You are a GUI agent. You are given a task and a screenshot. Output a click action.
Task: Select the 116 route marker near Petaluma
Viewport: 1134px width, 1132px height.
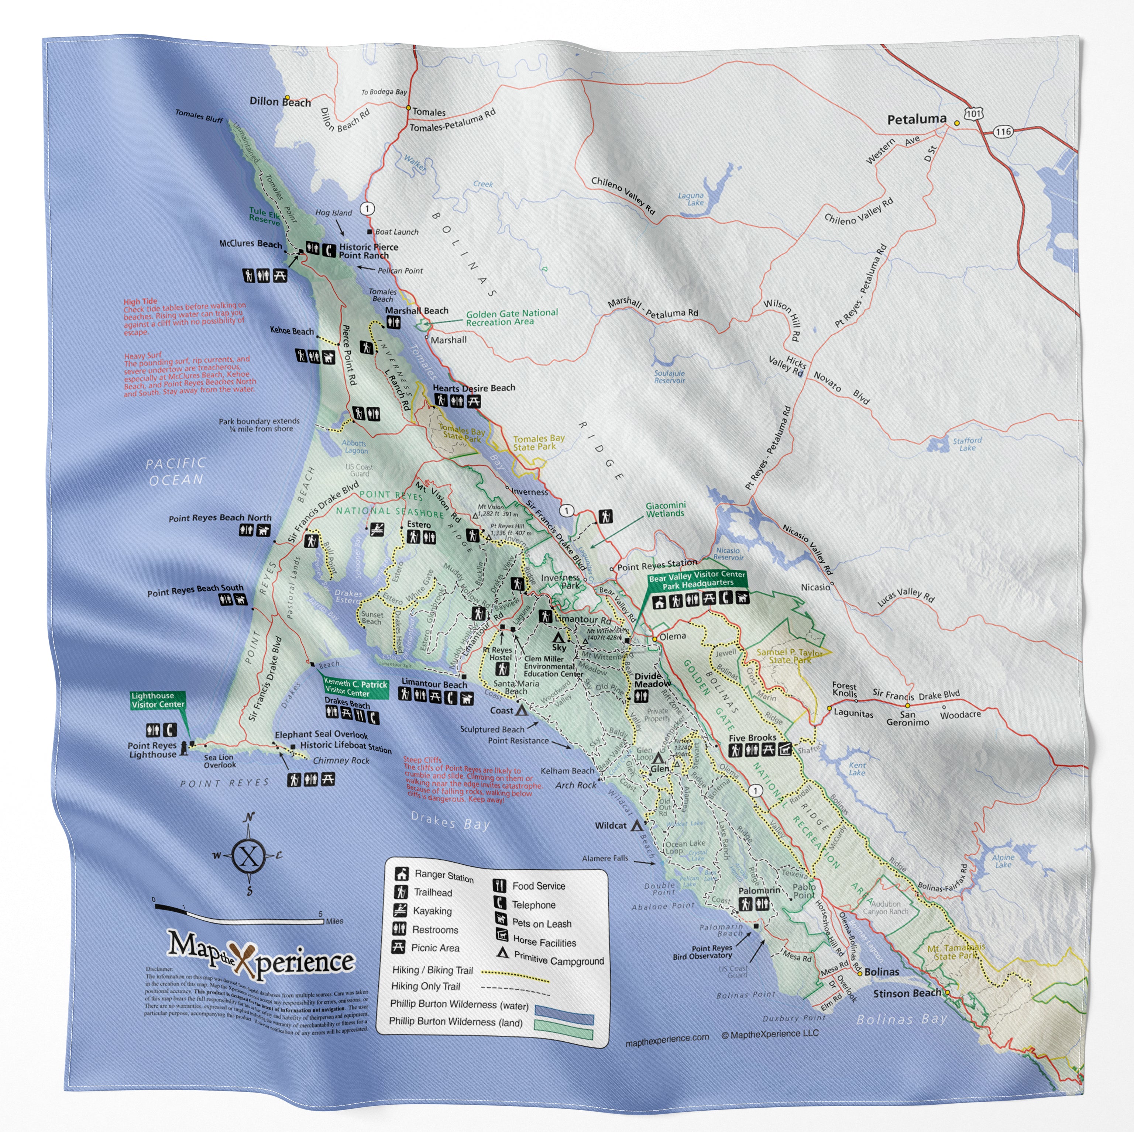point(1003,131)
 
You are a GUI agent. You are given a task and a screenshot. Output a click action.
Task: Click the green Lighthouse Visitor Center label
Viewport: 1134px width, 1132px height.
point(158,700)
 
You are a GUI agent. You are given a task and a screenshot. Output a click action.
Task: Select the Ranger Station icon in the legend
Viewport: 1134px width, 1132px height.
point(402,874)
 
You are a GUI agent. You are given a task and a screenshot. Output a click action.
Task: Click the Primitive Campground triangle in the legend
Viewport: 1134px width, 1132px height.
point(502,953)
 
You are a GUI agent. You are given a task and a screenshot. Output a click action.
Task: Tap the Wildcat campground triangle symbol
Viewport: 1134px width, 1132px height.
point(636,825)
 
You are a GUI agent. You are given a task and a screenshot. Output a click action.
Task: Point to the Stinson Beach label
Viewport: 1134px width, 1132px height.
point(907,994)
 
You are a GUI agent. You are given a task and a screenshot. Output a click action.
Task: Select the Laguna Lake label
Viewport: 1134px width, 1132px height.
point(691,199)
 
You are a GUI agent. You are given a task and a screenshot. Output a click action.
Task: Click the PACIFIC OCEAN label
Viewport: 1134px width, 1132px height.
point(175,472)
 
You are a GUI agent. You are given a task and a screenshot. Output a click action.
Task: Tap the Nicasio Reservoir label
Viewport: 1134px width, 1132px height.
point(728,554)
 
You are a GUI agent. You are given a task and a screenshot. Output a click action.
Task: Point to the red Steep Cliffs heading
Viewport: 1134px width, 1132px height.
point(422,760)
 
